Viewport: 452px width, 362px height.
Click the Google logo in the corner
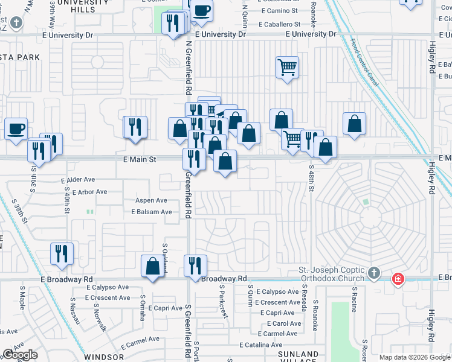tap(20, 355)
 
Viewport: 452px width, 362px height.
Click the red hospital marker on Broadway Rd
tap(398, 279)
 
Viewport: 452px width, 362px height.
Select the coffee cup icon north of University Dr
tap(202, 11)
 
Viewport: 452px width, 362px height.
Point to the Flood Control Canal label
tap(364, 62)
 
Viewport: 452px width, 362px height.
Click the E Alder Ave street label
tap(78, 180)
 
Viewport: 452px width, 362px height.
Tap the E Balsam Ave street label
tap(151, 212)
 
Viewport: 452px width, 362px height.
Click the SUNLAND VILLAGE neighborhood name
tap(298, 357)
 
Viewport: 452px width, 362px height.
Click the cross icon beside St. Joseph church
tap(374, 273)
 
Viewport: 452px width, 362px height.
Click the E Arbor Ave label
tap(89, 192)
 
